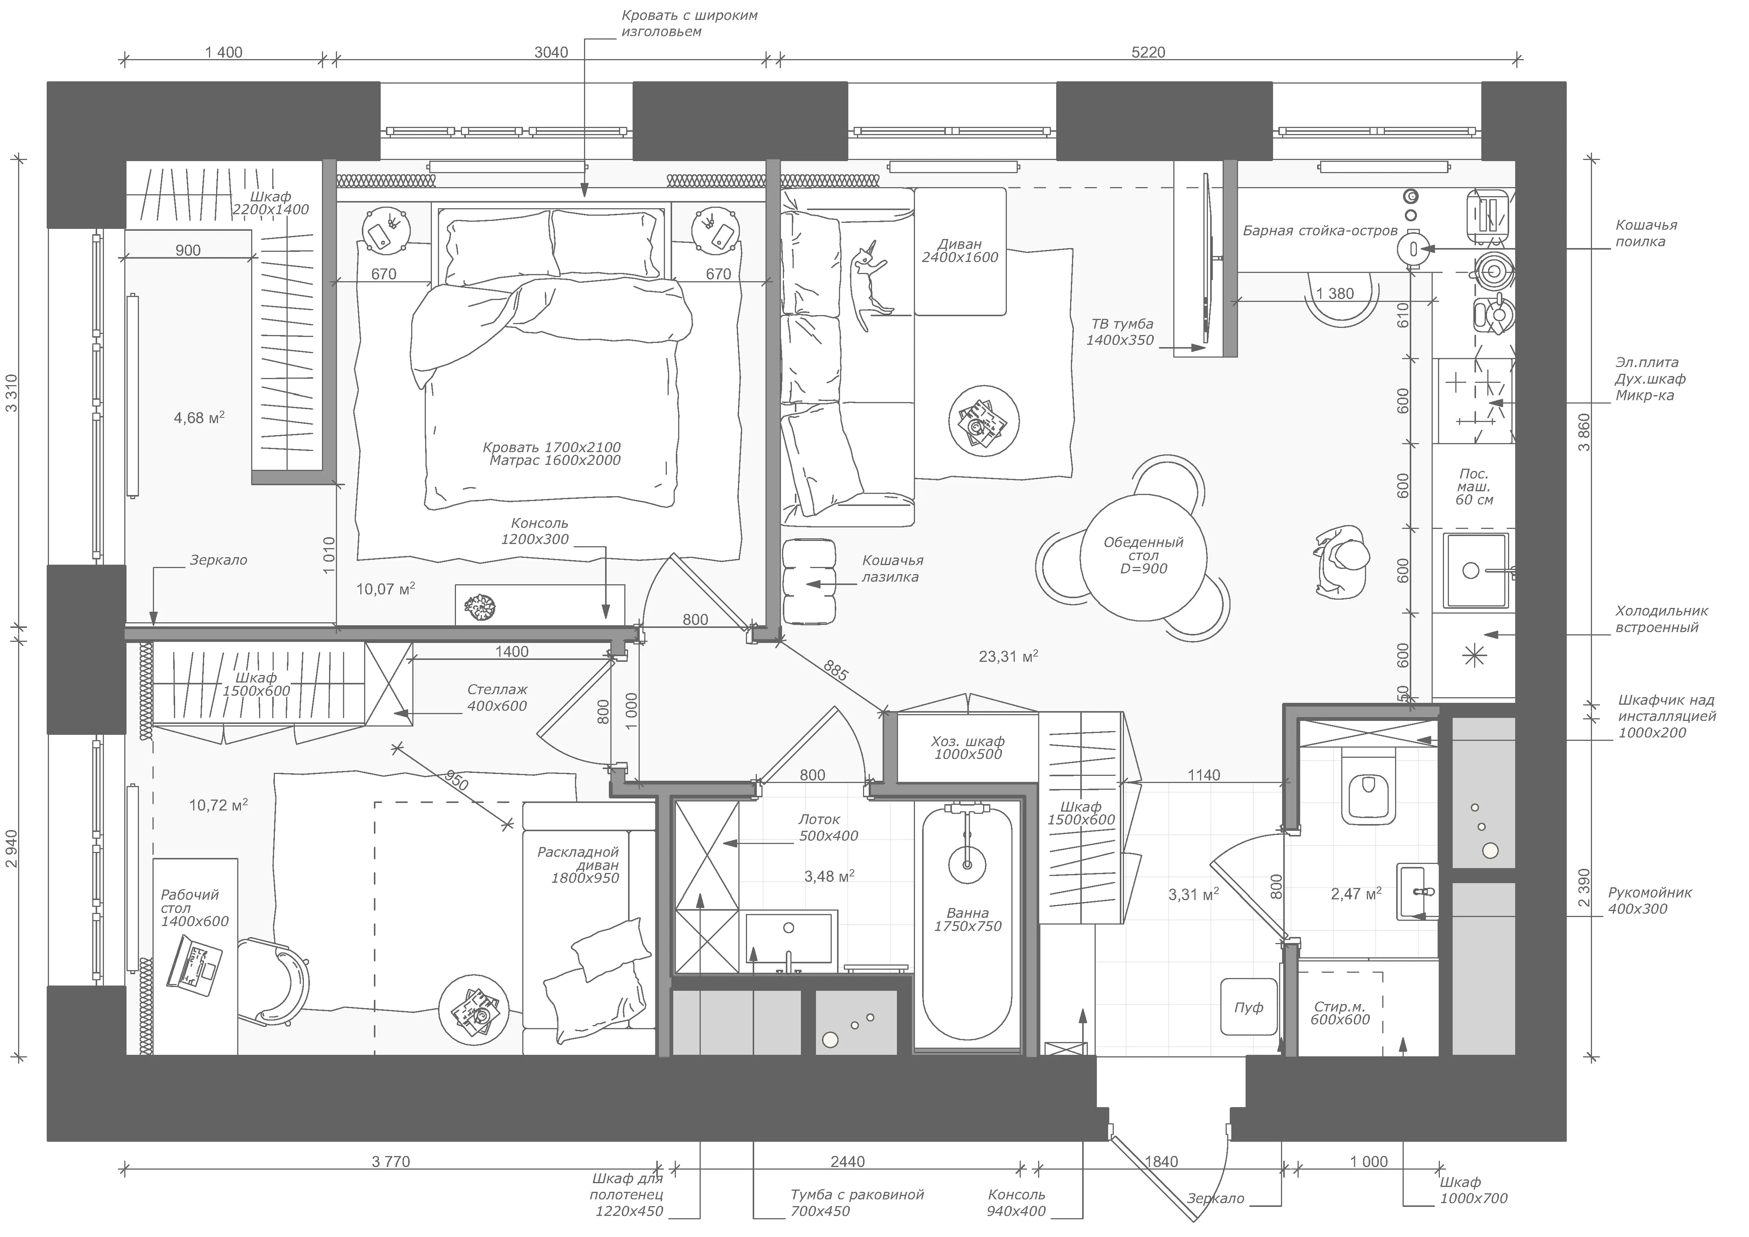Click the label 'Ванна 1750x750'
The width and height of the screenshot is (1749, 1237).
pyautogui.click(x=967, y=919)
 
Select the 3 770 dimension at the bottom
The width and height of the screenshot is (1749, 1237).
pyautogui.click(x=391, y=1162)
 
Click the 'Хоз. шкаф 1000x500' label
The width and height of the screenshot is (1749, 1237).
pyautogui.click(x=967, y=747)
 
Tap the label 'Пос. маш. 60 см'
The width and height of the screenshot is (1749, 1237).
pyautogui.click(x=1474, y=487)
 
